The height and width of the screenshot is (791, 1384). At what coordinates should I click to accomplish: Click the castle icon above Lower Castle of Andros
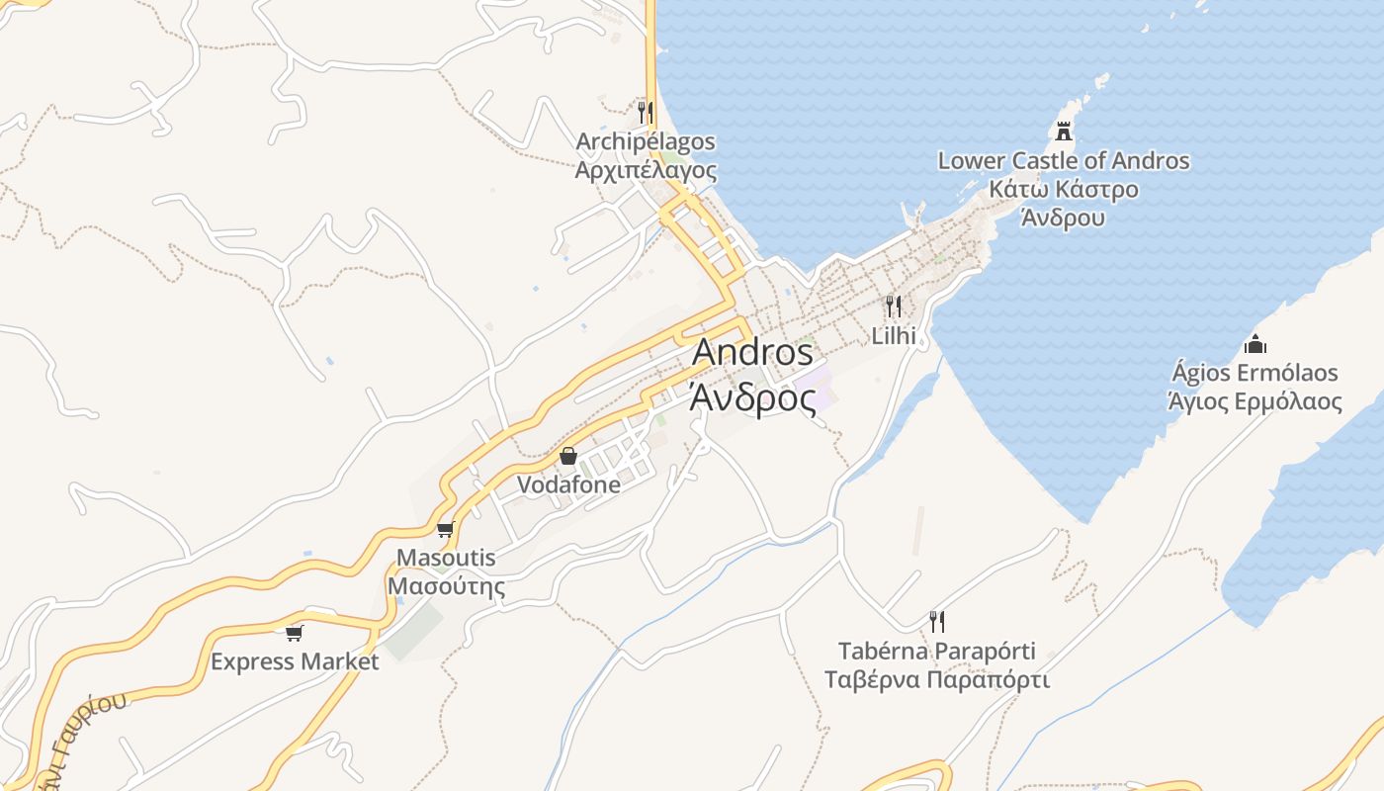click(x=1064, y=131)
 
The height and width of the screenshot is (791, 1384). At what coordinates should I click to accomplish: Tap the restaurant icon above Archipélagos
click(x=646, y=112)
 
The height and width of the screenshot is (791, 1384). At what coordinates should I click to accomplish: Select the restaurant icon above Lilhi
click(x=894, y=306)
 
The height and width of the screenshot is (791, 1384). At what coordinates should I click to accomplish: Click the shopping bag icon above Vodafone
click(x=568, y=456)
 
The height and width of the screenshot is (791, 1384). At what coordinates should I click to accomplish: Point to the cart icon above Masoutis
click(x=445, y=530)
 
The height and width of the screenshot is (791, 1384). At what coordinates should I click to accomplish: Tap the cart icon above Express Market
click(x=294, y=633)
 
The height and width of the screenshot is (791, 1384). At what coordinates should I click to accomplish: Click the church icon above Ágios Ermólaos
click(x=1255, y=344)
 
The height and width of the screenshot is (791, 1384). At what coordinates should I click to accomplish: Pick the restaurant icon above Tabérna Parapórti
click(x=937, y=622)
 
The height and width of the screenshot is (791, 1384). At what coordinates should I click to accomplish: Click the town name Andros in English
click(x=752, y=353)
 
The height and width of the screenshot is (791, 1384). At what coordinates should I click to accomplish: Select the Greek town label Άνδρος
click(x=752, y=398)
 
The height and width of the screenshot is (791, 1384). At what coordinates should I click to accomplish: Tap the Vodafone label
click(x=569, y=484)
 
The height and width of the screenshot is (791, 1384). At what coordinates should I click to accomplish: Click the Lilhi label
click(x=894, y=335)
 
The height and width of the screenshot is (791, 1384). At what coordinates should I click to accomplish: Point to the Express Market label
click(x=295, y=661)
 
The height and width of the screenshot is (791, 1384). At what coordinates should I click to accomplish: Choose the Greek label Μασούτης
click(x=446, y=586)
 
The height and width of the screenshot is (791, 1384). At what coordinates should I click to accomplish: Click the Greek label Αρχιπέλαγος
click(x=646, y=170)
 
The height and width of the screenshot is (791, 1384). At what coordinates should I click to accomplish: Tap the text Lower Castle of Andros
click(x=1064, y=160)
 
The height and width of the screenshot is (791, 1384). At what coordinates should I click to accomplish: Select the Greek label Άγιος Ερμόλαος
click(x=1255, y=401)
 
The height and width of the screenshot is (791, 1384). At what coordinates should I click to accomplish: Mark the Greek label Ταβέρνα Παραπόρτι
click(x=937, y=680)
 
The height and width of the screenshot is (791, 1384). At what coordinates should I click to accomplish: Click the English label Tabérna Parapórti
click(x=937, y=652)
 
